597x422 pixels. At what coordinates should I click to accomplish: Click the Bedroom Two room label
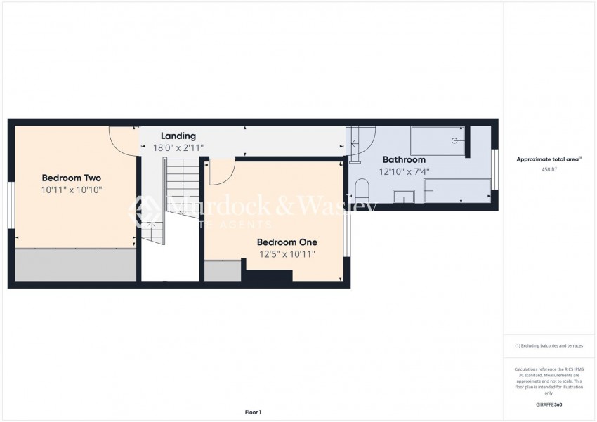[x=72, y=178]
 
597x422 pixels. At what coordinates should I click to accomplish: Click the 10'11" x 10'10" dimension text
[x=72, y=190]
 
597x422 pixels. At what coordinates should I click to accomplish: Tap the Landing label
[x=178, y=136]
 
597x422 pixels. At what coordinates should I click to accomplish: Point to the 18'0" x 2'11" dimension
[x=178, y=148]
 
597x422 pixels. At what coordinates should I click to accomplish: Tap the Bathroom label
[x=404, y=159]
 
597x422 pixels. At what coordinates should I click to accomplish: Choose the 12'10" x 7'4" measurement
[x=404, y=171]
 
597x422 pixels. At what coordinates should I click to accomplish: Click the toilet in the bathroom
[x=362, y=190]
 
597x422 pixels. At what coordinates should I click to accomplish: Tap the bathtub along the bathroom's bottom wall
[x=457, y=190]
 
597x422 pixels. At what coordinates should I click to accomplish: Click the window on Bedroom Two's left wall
[x=11, y=204]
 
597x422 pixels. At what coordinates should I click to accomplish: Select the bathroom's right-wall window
[x=494, y=169]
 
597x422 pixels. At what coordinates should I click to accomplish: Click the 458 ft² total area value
[x=549, y=170]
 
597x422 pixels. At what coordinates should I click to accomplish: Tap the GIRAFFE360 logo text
[x=549, y=405]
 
